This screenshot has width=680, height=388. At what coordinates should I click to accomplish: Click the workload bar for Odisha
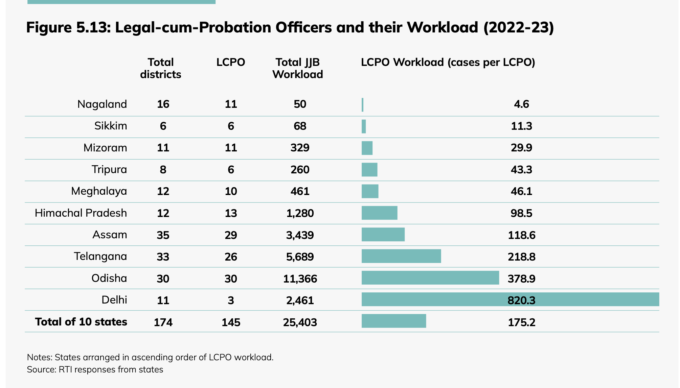[430, 278]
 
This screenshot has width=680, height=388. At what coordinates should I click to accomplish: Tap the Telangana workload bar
[401, 256]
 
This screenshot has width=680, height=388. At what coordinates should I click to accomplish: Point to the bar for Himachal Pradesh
[379, 213]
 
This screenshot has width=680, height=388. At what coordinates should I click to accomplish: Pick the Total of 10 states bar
[393, 321]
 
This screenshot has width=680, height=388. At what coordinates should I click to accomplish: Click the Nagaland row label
[102, 104]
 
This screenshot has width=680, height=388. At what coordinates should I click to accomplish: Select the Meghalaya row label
[99, 191]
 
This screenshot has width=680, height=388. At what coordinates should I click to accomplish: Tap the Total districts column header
[161, 68]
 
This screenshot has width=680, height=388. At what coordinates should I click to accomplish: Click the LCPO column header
[231, 63]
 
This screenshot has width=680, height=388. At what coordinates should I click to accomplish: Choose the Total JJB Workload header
[298, 68]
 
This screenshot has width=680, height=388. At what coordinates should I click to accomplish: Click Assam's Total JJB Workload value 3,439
[300, 235]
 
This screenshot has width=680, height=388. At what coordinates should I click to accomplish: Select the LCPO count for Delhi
[231, 300]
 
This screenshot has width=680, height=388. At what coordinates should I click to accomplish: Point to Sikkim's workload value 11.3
[521, 126]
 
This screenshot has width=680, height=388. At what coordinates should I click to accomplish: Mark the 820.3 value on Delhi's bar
[521, 300]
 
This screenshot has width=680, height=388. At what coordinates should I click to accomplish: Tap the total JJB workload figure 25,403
[300, 322]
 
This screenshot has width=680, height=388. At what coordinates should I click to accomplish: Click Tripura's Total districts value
[163, 170]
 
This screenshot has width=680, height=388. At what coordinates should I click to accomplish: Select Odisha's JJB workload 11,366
[300, 278]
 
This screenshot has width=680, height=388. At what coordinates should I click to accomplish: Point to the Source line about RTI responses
[95, 369]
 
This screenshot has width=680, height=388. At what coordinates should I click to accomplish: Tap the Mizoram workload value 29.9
[521, 148]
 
